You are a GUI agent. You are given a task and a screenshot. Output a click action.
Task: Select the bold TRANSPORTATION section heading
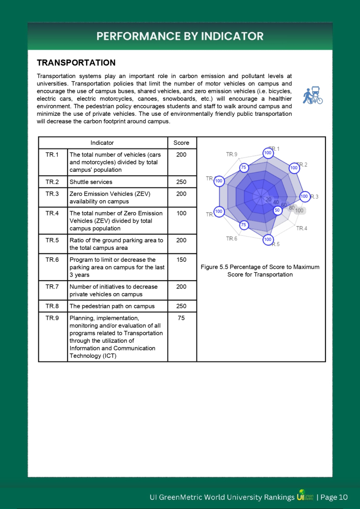76,63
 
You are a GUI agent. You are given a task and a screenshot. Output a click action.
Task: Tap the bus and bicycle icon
313,95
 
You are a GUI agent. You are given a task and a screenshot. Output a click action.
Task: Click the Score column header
181,143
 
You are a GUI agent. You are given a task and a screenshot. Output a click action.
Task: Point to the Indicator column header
102,143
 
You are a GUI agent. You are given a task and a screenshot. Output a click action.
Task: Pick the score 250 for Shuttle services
181,182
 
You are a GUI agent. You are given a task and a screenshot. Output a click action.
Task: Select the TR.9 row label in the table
52,318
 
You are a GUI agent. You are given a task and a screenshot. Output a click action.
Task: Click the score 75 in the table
181,318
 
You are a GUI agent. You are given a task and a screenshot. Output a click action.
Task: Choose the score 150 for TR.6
181,260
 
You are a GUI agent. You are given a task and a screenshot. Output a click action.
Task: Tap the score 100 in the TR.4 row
181,213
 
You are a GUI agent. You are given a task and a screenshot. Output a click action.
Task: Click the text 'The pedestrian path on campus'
112,306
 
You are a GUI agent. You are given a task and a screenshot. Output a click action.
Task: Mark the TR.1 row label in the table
52,155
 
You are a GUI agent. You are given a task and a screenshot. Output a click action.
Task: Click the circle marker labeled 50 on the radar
277,210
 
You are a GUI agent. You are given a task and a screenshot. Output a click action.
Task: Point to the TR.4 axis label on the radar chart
301,229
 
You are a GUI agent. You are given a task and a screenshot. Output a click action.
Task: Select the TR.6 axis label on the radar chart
232,239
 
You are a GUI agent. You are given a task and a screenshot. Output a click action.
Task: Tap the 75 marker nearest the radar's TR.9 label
243,168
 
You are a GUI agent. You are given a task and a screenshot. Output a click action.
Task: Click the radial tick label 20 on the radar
268,199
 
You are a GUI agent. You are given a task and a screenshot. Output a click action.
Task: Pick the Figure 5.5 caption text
260,271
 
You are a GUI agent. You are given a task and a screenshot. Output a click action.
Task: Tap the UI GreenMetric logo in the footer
305,497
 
